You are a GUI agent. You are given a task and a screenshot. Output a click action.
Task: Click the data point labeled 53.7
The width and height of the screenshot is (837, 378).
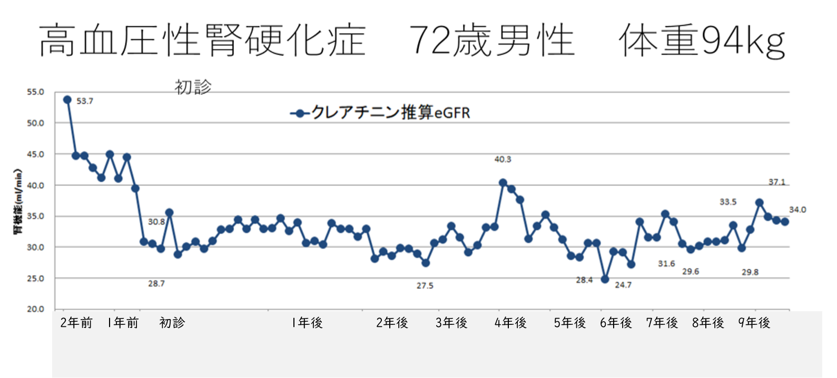pos(67,100)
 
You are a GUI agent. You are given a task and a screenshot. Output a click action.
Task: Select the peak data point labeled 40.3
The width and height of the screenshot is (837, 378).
pos(503,183)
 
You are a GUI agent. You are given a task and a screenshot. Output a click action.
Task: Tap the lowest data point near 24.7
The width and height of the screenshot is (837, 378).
pos(605,279)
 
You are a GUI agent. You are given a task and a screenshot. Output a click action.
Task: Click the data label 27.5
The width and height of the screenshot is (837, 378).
pos(425,286)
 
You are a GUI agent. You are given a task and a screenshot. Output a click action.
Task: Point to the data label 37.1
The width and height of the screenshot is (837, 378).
pos(776,182)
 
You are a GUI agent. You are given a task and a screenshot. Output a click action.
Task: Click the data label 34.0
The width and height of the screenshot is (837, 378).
pos(797,210)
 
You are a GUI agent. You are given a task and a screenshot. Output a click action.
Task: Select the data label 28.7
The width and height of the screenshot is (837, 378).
pos(156,284)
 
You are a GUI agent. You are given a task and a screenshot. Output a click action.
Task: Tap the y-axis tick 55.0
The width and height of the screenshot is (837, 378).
pos(36,92)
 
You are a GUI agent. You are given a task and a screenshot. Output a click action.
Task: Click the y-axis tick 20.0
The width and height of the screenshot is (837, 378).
pos(36,309)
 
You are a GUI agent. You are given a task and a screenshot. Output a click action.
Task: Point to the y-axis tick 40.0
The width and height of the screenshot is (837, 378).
pos(36,185)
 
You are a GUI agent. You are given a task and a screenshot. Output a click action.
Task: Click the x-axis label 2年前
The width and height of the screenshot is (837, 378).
pos(76,323)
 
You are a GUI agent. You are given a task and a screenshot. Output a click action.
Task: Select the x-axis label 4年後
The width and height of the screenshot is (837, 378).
pos(510,323)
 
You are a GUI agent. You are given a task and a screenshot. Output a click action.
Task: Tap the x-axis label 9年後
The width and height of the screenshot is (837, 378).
pos(754,323)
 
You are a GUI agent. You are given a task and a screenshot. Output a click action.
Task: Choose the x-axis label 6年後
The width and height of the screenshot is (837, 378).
pos(616,323)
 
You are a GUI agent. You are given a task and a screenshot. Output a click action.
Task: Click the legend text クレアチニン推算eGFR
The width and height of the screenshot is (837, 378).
pos(390,113)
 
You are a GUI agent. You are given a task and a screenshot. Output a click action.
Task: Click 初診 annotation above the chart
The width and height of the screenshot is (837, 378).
pos(193,87)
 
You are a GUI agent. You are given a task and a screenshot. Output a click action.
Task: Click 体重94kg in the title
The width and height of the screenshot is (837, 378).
pos(702,41)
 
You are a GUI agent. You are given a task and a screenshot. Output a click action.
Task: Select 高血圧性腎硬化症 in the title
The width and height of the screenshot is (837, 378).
pos(202,41)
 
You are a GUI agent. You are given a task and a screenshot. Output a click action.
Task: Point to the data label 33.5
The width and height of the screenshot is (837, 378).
pos(728,202)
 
